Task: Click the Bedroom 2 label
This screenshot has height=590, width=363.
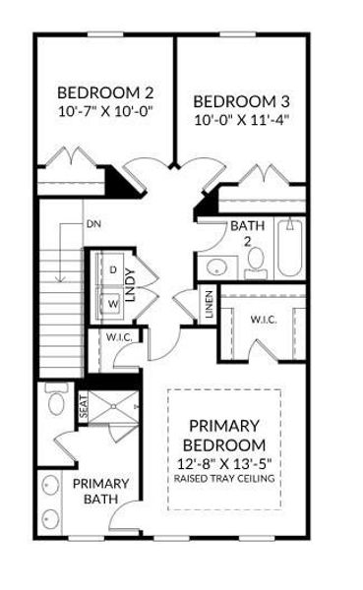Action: point(105,92)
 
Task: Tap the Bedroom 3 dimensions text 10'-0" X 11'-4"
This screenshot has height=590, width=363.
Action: point(241,120)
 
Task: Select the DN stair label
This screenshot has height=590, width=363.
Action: point(93,224)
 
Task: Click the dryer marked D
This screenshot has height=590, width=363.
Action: point(112,269)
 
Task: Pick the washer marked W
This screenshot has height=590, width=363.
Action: point(112,303)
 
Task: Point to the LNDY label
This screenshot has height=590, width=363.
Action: point(130,285)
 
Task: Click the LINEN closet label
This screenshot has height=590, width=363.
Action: point(209,304)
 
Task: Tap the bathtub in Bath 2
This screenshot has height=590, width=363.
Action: point(290,248)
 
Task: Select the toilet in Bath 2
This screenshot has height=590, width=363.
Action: point(256,263)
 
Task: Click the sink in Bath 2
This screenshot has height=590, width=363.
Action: point(216,267)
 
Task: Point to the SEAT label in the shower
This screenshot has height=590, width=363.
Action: point(84,407)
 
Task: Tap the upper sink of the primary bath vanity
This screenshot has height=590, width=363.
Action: point(50,485)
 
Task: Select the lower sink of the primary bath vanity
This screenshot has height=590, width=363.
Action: point(50,519)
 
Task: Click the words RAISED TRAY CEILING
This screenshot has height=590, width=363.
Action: point(224,479)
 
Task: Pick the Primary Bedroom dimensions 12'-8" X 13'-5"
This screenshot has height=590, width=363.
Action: point(224,464)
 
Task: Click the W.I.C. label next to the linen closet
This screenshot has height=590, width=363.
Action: point(264,320)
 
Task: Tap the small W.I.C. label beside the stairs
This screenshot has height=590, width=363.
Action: point(119,337)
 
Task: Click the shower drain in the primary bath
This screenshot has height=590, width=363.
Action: point(114,406)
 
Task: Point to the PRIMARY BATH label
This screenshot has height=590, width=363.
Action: point(101,491)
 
